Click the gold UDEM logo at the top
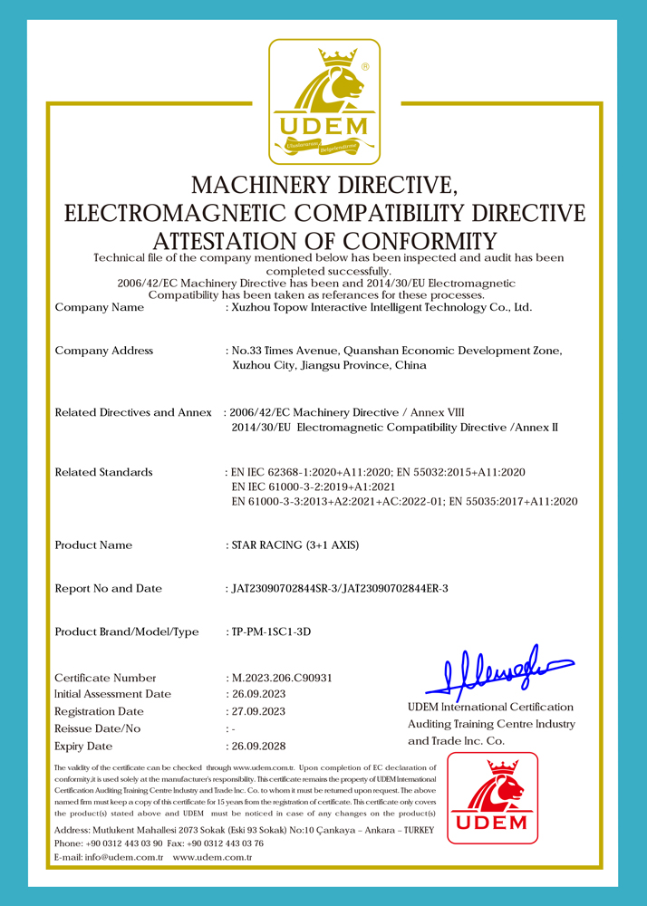tap(324, 101)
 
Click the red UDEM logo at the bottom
tap(492, 797)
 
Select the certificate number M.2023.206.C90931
tap(283, 678)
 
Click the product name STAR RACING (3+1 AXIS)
tap(296, 545)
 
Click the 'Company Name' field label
tap(100, 308)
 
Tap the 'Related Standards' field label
tap(103, 473)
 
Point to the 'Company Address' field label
tap(104, 351)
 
